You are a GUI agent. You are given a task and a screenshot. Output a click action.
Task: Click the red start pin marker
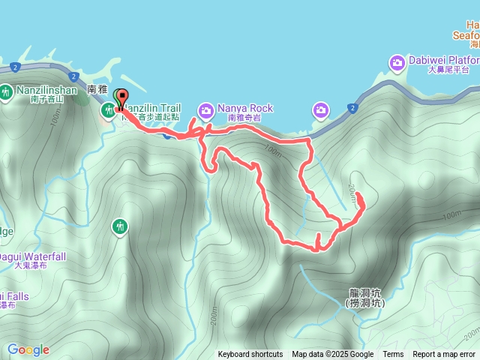click(x=121, y=98)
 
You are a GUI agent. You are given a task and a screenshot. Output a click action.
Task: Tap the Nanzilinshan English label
click(x=43, y=90)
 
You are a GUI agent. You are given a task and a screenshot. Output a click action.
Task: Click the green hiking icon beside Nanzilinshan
click(x=6, y=92)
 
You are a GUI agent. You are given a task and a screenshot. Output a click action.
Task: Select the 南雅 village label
click(x=98, y=88)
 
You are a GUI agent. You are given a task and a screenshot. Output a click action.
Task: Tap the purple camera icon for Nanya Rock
click(x=205, y=111)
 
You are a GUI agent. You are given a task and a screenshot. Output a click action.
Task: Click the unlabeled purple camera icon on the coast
click(x=320, y=111)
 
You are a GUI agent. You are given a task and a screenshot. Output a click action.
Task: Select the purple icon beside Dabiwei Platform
click(x=396, y=61)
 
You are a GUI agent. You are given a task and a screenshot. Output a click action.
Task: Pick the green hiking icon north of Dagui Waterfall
click(x=119, y=226)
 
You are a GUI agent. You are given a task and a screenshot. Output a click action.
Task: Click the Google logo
click(x=28, y=349)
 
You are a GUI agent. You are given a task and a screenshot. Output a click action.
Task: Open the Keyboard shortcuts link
click(x=250, y=355)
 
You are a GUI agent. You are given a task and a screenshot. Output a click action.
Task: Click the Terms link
click(x=393, y=355)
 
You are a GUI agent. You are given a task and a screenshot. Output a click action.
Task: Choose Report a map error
click(x=444, y=355)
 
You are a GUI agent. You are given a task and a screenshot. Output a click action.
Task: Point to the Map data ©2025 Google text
click(x=333, y=355)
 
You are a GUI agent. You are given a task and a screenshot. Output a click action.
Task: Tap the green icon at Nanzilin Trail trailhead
click(x=107, y=111)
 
